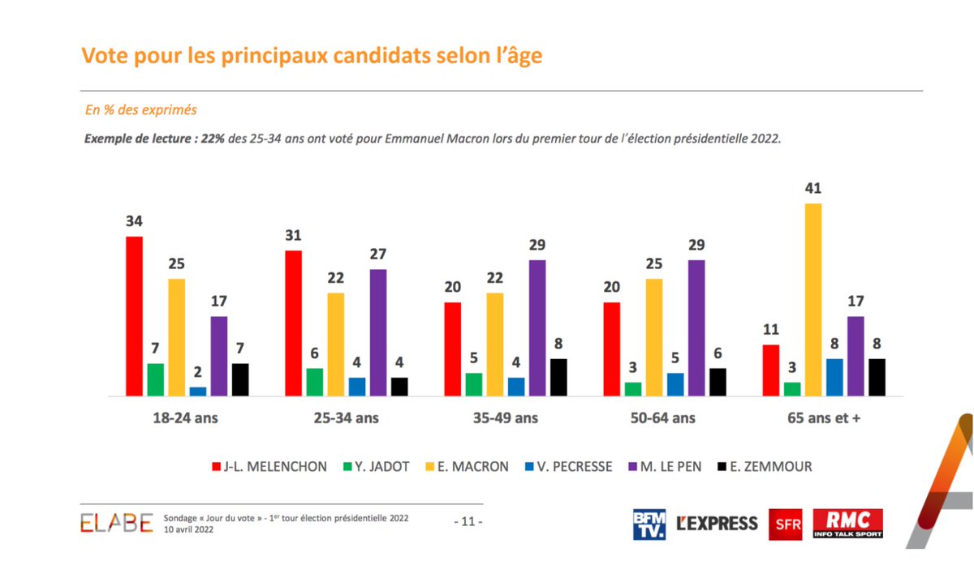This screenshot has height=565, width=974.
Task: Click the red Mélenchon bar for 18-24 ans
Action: coord(134,316)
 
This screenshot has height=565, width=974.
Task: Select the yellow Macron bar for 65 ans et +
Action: coord(812,300)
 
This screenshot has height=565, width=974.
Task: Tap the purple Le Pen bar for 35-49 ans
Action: coord(537,328)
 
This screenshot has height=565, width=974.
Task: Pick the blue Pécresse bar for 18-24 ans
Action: coord(197,392)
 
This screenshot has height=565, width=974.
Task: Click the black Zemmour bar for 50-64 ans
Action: coord(718,382)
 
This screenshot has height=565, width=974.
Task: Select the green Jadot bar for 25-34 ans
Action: coord(314,382)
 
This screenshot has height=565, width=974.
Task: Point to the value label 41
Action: coord(812,189)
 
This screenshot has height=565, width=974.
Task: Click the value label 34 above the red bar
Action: coord(134,221)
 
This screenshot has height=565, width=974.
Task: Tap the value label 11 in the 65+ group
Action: coord(770,330)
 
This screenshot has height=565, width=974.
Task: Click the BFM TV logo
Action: coord(649,524)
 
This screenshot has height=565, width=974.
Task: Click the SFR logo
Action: coord(783,524)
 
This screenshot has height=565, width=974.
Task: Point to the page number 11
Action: coord(467,523)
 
